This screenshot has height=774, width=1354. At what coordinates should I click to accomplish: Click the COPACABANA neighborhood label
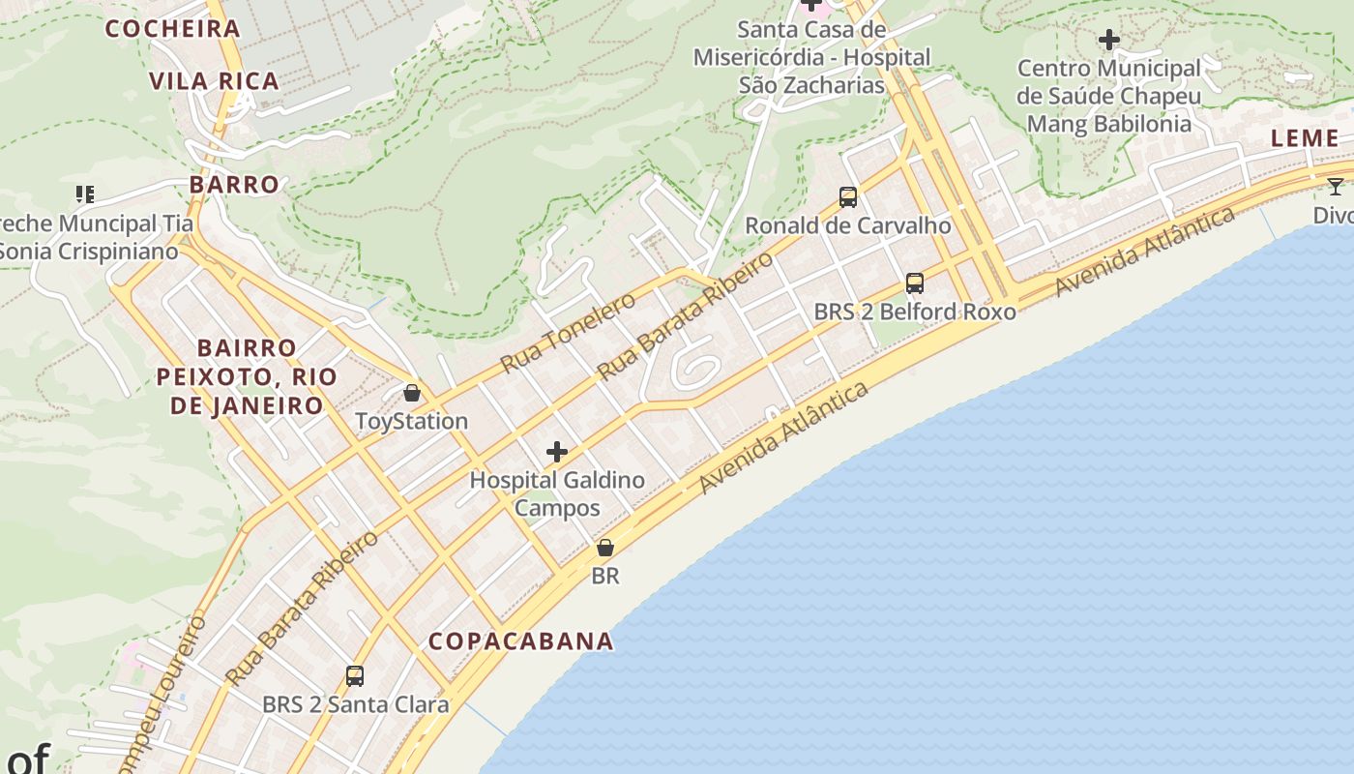coord(520,641)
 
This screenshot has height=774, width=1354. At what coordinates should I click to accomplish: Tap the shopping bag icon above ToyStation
coord(412,393)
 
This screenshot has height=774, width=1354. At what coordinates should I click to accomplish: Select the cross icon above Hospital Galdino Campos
coord(557,452)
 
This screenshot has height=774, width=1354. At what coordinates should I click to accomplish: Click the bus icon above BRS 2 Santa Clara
coord(355,676)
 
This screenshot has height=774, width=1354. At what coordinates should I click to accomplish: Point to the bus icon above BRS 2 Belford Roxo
coord(915,283)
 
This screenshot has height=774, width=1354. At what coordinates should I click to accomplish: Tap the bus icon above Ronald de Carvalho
coord(848,197)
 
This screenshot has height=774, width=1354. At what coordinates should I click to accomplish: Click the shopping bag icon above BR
coord(605,548)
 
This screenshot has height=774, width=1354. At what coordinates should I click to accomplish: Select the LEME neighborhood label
coord(1305,138)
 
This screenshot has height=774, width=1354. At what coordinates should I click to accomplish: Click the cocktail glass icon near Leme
coord(1336,187)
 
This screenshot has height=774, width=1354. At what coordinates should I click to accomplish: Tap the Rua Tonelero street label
coord(568,332)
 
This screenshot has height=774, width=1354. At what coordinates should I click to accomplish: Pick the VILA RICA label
coord(215,81)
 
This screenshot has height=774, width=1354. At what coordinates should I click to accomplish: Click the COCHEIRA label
coord(172,29)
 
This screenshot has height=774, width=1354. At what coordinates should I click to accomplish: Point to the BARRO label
coord(234,185)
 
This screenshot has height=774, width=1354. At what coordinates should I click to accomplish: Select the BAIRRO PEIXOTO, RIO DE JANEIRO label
coord(247,376)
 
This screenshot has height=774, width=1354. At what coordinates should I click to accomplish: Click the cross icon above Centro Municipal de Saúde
coord(1109,41)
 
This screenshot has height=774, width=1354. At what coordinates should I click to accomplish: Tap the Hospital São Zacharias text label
coord(811,58)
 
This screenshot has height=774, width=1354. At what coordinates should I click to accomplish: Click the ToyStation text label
coord(412,422)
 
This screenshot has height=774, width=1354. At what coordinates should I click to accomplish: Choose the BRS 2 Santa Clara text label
coord(355,704)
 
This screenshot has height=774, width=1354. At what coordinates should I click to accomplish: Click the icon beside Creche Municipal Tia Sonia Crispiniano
coord(85,194)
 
